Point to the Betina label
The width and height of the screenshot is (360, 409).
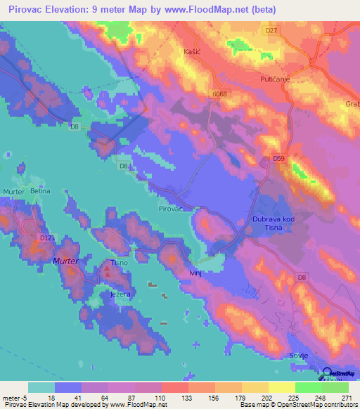click(41, 191)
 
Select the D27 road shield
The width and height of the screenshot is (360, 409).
click(272, 31)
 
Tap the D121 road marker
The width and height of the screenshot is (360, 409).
click(47, 238)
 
